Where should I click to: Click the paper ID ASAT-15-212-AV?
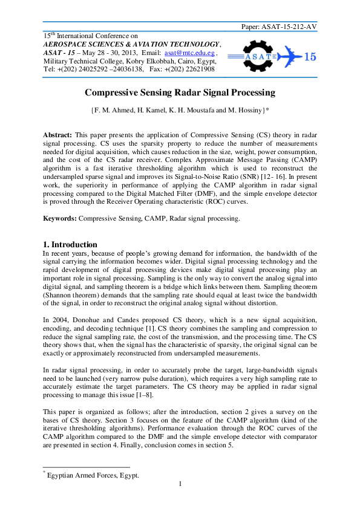tap(287, 27)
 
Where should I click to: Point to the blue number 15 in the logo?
tap(309, 57)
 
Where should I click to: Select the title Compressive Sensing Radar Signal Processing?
tap(180, 93)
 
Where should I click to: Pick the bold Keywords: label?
tap(61, 218)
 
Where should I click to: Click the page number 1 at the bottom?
tap(180, 484)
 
